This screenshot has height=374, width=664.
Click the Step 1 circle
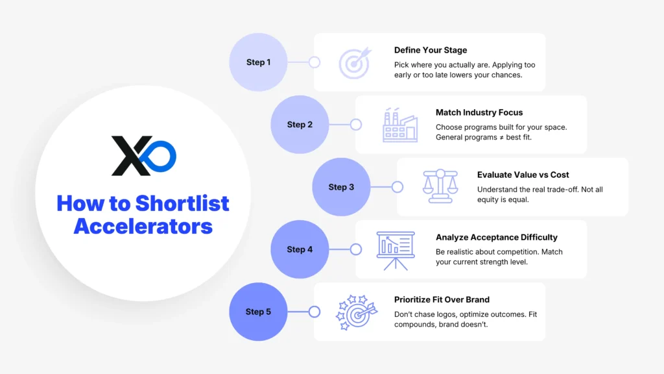pyautogui.click(x=258, y=62)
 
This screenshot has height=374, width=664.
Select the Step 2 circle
pyautogui.click(x=300, y=125)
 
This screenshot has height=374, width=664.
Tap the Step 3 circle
pyautogui.click(x=341, y=187)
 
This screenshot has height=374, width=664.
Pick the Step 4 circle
pyautogui.click(x=300, y=249)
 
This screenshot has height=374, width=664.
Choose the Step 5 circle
pyautogui.click(x=258, y=312)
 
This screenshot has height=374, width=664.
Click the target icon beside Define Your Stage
pyautogui.click(x=354, y=62)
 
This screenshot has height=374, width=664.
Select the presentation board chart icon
pyautogui.click(x=396, y=249)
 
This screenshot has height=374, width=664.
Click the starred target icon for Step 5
pyautogui.click(x=354, y=312)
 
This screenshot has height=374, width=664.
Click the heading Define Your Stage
pyautogui.click(x=430, y=50)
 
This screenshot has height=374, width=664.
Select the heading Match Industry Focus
pyautogui.click(x=479, y=112)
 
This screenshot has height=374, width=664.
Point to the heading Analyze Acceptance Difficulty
pyautogui.click(x=497, y=237)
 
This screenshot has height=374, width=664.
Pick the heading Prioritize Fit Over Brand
pyautogui.click(x=442, y=299)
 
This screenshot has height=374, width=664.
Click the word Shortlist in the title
pyautogui.click(x=182, y=203)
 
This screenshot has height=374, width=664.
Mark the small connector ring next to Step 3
pyautogui.click(x=397, y=187)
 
